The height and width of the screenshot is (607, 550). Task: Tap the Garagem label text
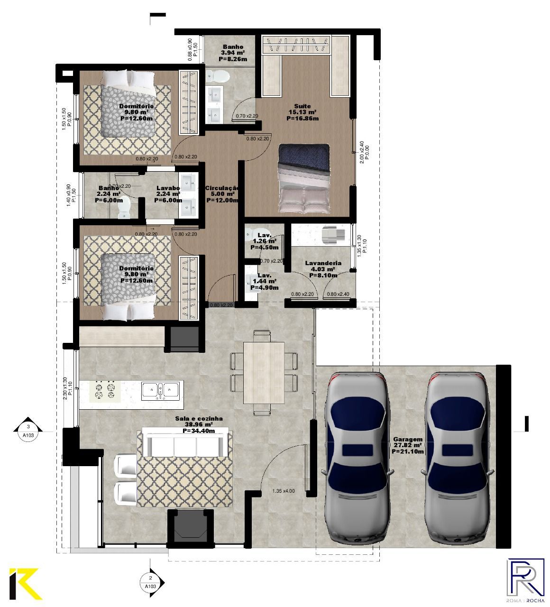[x=407, y=440]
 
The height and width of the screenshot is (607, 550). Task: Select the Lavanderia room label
[x=323, y=263]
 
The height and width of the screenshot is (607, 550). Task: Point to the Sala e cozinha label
[x=198, y=419]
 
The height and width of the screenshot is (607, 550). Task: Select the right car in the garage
[x=457, y=458]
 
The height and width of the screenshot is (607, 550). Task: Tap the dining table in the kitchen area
[x=264, y=373]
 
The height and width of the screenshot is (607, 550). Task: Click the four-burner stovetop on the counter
[x=105, y=390]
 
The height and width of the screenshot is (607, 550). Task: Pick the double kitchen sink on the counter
[x=160, y=390]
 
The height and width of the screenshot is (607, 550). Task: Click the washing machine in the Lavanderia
[x=330, y=234]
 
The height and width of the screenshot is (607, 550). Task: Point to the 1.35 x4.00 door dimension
[x=283, y=491]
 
